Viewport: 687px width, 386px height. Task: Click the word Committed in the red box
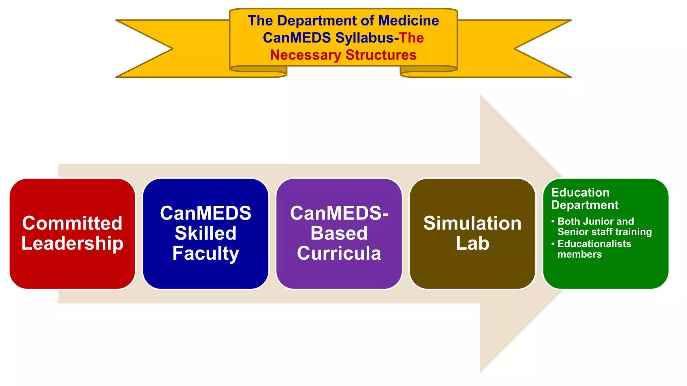pyautogui.click(x=72, y=223)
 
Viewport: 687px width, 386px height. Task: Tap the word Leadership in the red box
pyautogui.click(x=72, y=243)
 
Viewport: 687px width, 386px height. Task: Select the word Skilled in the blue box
pyautogui.click(x=206, y=233)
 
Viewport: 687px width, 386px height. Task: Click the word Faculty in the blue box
pyautogui.click(x=206, y=254)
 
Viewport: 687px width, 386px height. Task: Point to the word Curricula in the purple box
pyautogui.click(x=339, y=253)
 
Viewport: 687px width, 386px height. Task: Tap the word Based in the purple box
pyautogui.click(x=339, y=233)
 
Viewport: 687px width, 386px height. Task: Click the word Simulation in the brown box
pyautogui.click(x=472, y=223)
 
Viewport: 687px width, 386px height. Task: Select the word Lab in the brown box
pyautogui.click(x=472, y=243)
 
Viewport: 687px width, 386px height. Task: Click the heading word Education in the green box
pyautogui.click(x=580, y=193)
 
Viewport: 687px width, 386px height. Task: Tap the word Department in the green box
pyautogui.click(x=585, y=205)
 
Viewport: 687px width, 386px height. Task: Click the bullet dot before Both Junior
pyautogui.click(x=553, y=221)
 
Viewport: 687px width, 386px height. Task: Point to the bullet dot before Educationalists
pyautogui.click(x=553, y=244)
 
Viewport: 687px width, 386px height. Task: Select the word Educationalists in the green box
pyautogui.click(x=594, y=244)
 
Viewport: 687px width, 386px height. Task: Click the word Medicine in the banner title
pyautogui.click(x=408, y=21)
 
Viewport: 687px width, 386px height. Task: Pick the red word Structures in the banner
pyautogui.click(x=381, y=55)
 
